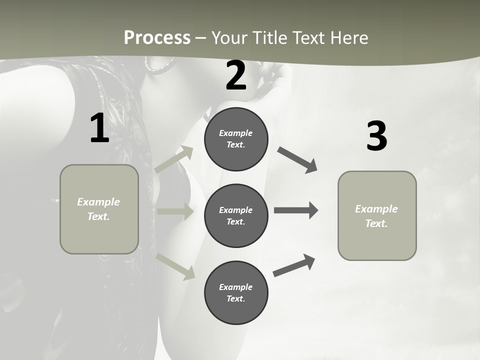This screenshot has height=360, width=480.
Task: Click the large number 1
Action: (99, 128)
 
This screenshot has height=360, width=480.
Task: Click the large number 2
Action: (236, 76)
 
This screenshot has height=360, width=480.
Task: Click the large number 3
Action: (376, 136)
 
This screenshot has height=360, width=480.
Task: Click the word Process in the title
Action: (157, 38)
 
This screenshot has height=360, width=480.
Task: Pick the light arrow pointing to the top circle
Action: (174, 159)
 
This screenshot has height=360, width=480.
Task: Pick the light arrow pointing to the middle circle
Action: (175, 211)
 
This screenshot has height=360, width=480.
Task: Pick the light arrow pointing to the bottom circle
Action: (175, 266)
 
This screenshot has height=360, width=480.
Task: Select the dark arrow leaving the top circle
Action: (297, 160)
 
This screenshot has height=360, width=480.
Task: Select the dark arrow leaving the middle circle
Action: (296, 210)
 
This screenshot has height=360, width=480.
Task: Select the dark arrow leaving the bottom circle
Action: (294, 265)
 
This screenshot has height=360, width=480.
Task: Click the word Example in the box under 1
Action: (98, 202)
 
